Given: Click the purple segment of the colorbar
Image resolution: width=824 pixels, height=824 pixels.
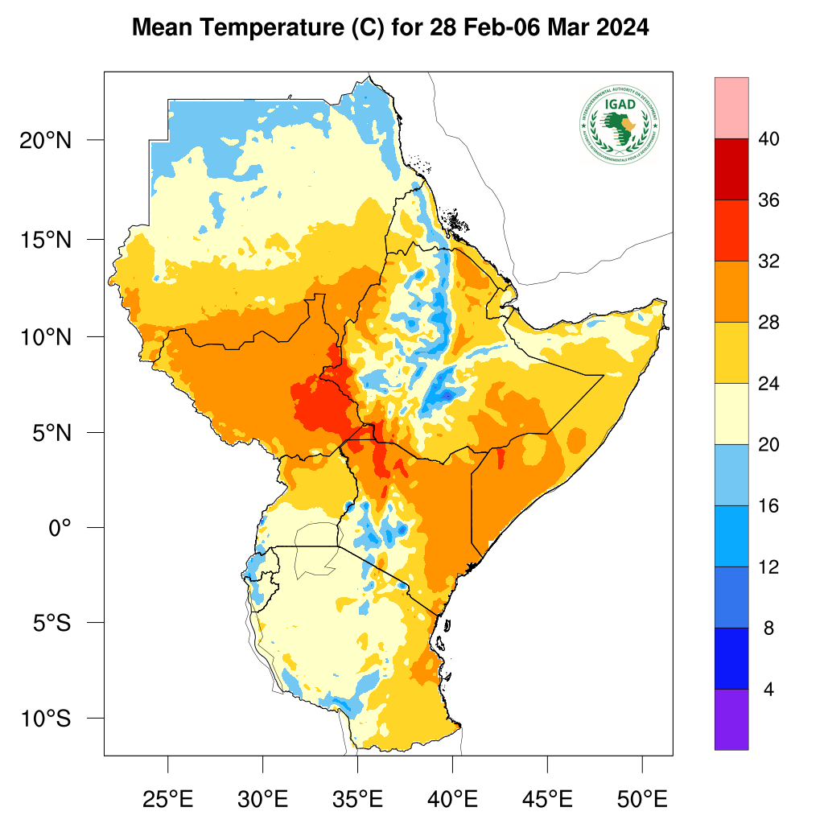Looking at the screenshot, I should point(731,719).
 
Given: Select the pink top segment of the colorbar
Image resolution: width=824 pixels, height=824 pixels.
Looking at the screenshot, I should point(731,108).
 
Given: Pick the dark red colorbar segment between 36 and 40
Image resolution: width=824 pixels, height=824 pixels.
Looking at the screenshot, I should point(731,169).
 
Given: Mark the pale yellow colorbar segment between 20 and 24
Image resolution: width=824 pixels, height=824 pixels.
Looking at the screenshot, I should point(731,414).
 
